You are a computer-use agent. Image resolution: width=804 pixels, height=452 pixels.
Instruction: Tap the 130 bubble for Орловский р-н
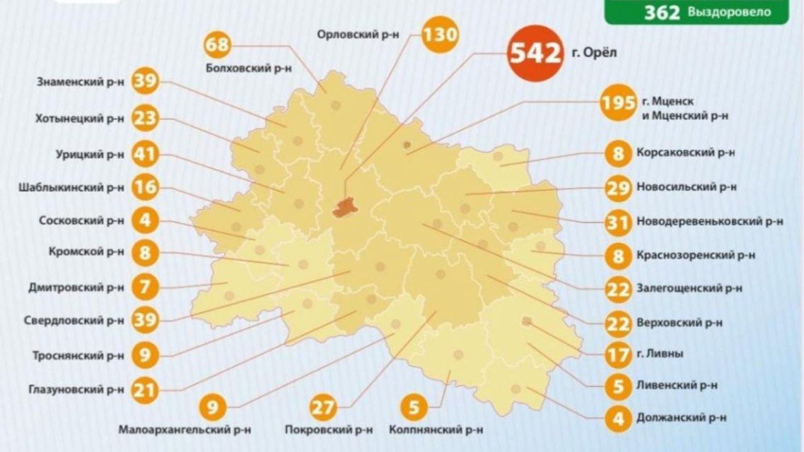439,35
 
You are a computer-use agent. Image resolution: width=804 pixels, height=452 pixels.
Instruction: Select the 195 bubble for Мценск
618,103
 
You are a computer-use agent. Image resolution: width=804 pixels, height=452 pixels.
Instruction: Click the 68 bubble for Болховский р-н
218,45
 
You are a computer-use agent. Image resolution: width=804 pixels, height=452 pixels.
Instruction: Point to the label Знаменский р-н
81,81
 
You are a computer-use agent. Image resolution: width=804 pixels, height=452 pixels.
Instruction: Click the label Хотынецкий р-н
79,119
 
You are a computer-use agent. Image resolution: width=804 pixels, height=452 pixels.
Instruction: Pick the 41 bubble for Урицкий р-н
146,154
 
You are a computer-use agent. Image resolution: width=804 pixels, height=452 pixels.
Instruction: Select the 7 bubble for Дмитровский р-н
145,287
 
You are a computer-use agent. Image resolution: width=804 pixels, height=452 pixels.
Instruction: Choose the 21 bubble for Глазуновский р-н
145,388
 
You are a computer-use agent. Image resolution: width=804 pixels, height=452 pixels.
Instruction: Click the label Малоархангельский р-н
185,429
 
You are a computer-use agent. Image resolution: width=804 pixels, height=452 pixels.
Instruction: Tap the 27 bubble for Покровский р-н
325,408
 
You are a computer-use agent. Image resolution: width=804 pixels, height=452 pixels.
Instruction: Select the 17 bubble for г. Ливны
618,354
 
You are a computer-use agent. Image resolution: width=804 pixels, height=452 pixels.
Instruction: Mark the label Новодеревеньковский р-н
709,221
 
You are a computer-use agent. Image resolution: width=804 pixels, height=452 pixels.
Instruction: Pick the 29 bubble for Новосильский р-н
618,188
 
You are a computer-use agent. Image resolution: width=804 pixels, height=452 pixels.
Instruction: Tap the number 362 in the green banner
662,12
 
